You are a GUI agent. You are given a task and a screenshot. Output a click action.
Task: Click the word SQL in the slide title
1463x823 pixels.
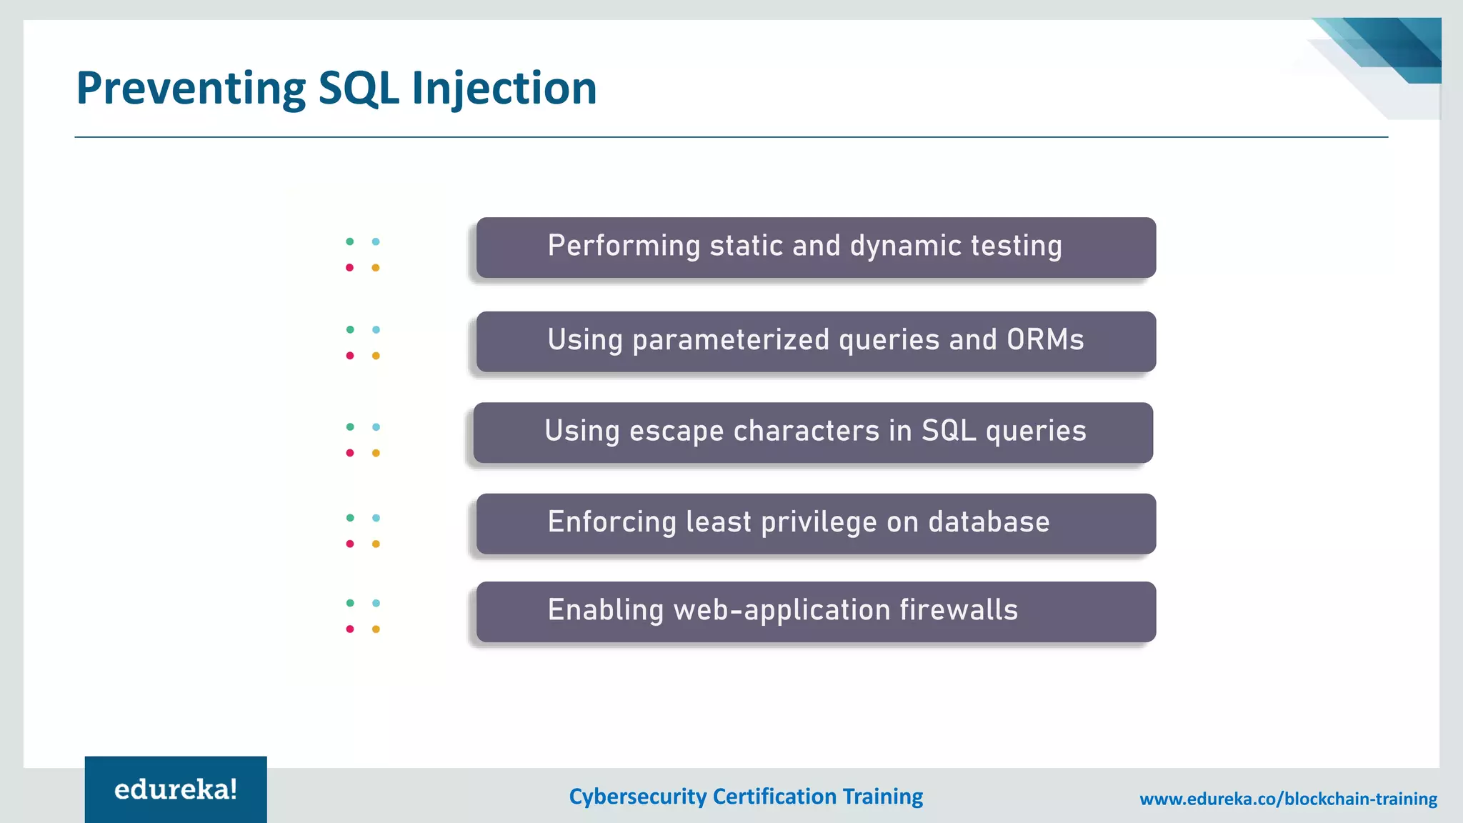pyautogui.click(x=358, y=89)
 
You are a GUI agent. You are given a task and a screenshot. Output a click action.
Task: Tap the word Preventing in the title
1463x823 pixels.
pyautogui.click(x=191, y=89)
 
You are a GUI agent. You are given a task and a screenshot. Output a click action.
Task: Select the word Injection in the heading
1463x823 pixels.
pyautogui.click(x=504, y=89)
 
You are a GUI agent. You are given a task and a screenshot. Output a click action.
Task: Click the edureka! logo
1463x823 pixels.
pyautogui.click(x=176, y=789)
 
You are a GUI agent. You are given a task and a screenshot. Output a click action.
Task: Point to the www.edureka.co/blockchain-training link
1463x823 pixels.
pyautogui.click(x=1288, y=799)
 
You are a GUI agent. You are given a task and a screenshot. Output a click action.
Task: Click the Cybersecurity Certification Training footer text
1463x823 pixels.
pyautogui.click(x=746, y=796)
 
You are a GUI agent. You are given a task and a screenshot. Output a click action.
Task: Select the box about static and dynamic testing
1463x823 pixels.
pyautogui.click(x=816, y=247)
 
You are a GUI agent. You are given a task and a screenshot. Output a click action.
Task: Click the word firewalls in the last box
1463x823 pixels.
pyautogui.click(x=958, y=610)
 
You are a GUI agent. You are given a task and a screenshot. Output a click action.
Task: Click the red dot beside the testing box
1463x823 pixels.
pyautogui.click(x=350, y=268)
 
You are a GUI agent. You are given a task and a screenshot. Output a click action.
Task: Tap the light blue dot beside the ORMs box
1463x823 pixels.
pyautogui.click(x=376, y=329)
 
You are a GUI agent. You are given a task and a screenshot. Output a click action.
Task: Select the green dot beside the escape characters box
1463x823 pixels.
pyautogui.click(x=350, y=427)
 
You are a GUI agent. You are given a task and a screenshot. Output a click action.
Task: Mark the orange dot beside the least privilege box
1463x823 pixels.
pyautogui.click(x=376, y=544)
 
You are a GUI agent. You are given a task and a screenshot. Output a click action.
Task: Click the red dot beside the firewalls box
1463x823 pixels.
pyautogui.click(x=350, y=629)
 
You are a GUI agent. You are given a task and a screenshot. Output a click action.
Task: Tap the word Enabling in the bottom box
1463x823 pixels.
pyautogui.click(x=606, y=610)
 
